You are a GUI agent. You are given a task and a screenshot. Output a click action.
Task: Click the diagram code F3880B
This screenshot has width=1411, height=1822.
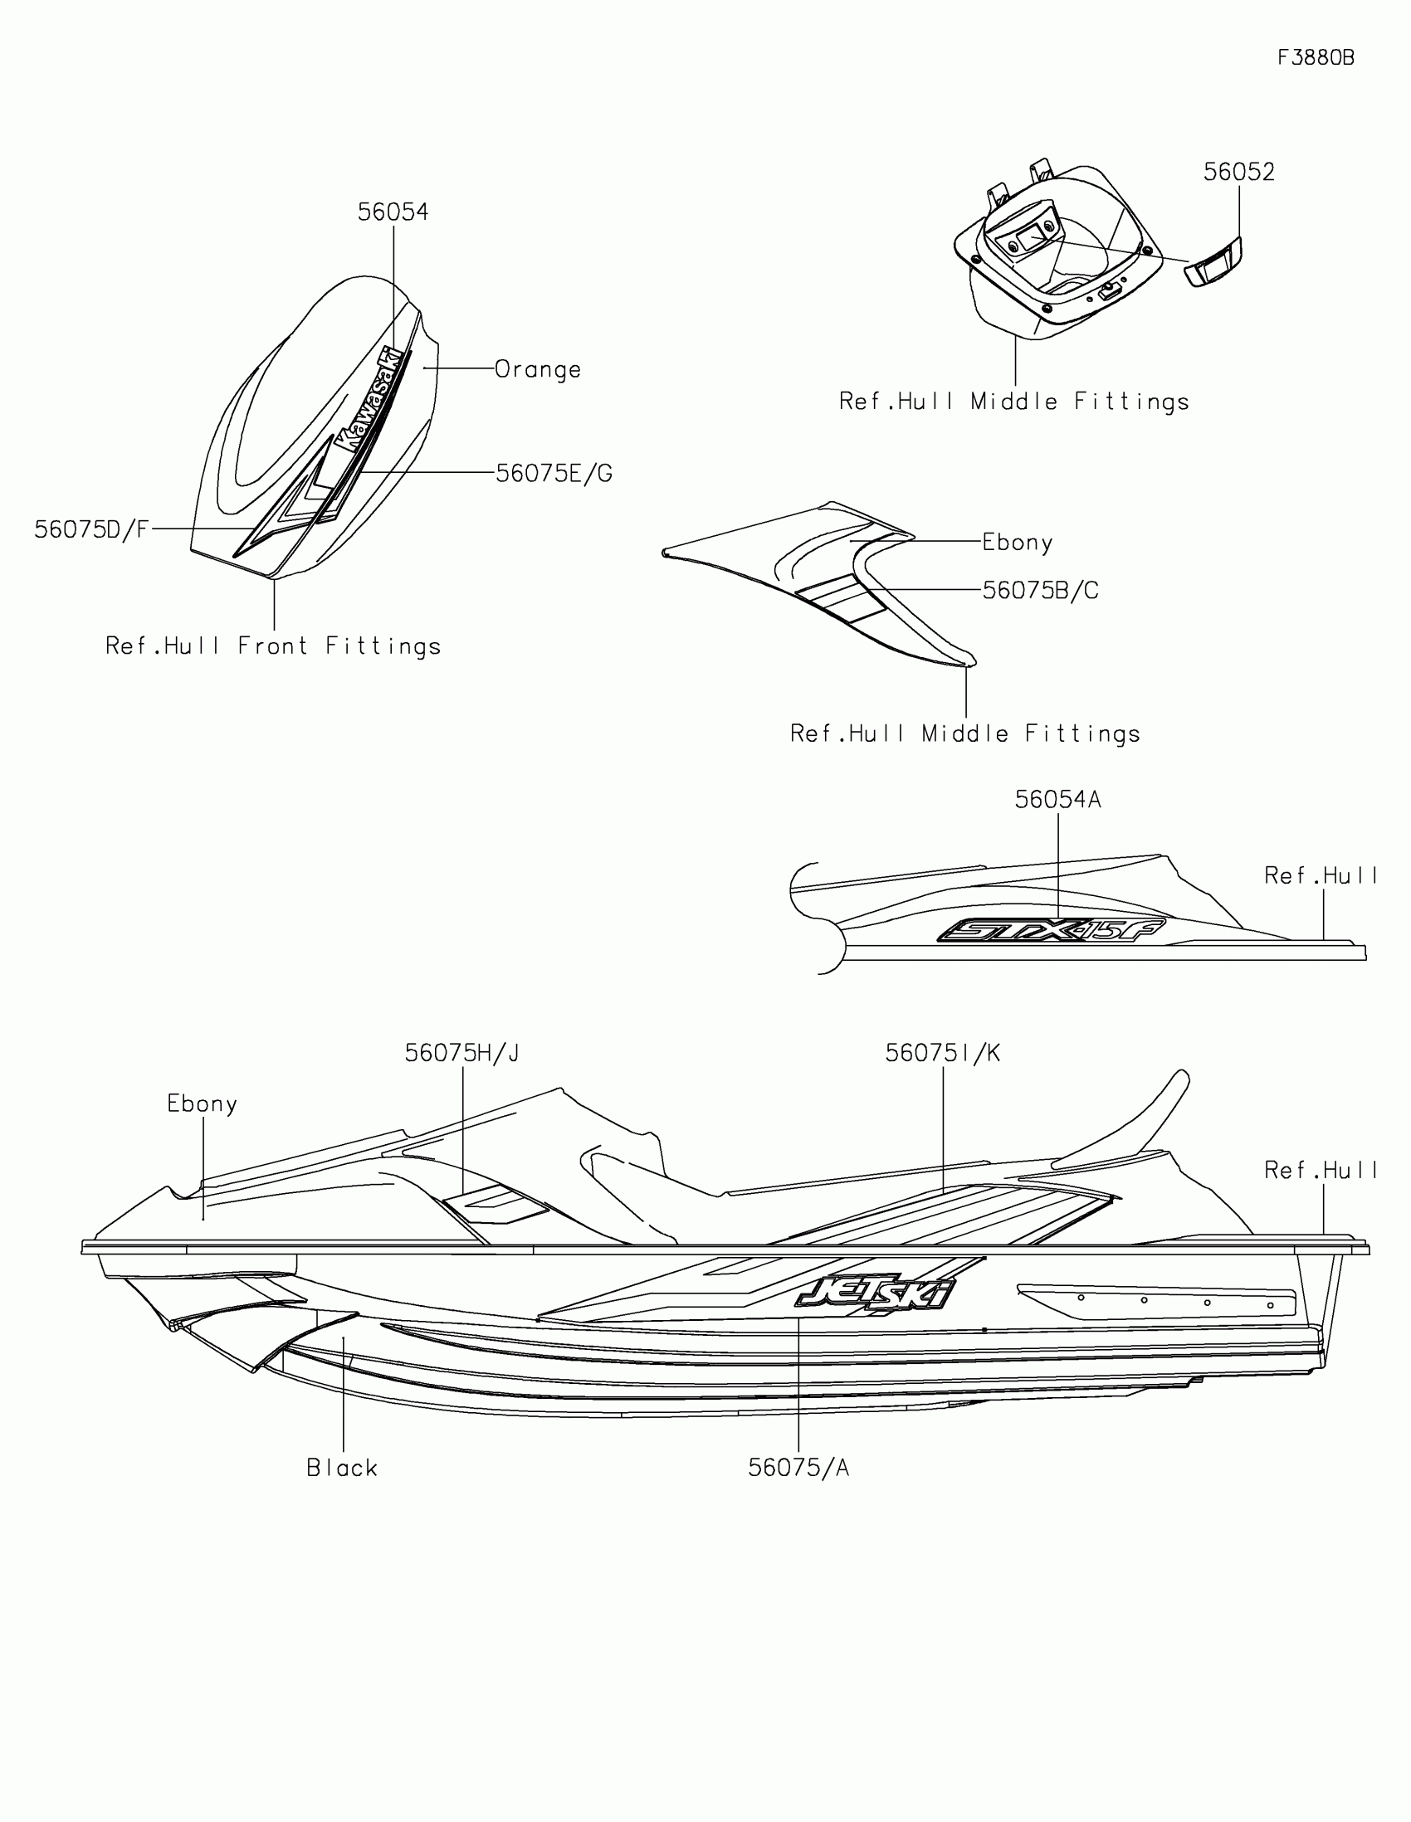tap(1316, 57)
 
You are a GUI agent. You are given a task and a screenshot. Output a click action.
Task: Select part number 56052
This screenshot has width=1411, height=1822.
tap(1238, 172)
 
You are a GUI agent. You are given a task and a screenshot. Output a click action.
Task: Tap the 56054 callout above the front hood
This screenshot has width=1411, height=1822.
tap(393, 212)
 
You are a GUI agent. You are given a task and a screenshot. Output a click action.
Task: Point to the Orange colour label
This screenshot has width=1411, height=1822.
tap(537, 369)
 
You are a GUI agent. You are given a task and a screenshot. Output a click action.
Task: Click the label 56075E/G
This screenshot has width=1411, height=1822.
tap(554, 474)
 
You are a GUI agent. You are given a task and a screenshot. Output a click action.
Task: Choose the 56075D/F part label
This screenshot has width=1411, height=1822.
tap(92, 529)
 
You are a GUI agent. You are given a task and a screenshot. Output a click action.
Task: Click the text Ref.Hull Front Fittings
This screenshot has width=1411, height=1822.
tap(273, 646)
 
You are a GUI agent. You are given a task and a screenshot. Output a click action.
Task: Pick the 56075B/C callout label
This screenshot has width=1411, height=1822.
tap(1040, 591)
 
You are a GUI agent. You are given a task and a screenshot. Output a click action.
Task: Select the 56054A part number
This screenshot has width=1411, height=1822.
tap(1057, 800)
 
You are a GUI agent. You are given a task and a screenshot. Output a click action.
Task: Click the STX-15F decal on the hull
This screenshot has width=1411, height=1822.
tap(1052, 930)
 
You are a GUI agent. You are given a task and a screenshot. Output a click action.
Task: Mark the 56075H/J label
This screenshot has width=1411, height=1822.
tap(461, 1054)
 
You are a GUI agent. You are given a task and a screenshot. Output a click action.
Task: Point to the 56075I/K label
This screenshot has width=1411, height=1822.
tap(942, 1054)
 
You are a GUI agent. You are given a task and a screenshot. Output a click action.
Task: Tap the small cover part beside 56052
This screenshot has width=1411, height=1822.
tap(1213, 263)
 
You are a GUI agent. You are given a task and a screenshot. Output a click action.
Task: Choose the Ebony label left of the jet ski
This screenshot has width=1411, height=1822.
tap(202, 1104)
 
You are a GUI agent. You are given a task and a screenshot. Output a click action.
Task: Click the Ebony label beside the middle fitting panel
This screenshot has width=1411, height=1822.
tap(1016, 543)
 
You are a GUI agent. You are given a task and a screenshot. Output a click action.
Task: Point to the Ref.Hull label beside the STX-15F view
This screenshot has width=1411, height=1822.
tap(1320, 876)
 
